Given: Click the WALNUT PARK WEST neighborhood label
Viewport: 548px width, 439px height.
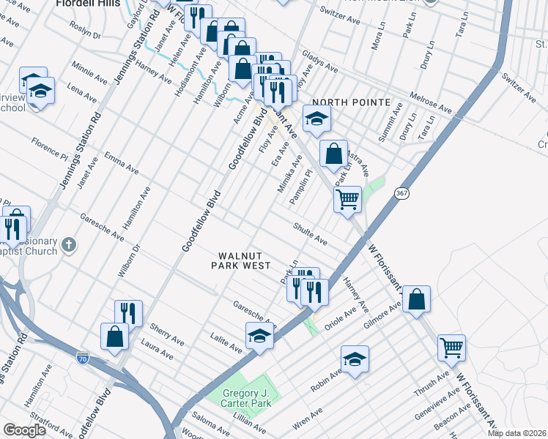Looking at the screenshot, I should click(x=241, y=260).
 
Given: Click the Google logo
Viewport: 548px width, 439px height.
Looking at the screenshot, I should click(x=25, y=430).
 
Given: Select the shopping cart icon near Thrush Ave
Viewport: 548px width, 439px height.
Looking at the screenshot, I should click(x=451, y=347).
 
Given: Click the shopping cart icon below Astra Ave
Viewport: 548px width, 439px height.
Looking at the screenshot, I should click(x=347, y=197).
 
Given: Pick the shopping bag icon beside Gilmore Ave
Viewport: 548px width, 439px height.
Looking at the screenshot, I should click(x=416, y=299).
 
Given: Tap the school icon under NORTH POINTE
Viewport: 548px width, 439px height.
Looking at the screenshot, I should click(x=316, y=119).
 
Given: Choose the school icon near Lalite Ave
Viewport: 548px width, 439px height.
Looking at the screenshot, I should click(x=259, y=335).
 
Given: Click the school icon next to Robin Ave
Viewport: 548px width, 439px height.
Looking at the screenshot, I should click(x=355, y=359).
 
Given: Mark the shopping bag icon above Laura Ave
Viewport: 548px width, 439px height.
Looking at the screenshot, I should click(x=116, y=336).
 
